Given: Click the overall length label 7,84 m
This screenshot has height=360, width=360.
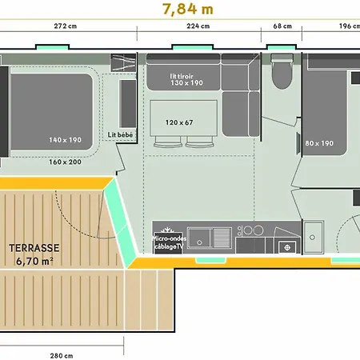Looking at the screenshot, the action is click(x=188, y=9).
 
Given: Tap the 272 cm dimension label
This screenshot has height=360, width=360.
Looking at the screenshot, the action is click(x=66, y=26).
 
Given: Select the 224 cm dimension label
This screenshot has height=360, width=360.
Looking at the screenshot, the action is click(x=198, y=26).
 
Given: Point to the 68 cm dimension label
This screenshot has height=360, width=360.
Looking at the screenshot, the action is click(x=282, y=26).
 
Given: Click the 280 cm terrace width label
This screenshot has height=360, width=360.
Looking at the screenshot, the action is click(x=62, y=356).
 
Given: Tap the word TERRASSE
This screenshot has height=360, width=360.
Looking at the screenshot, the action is click(x=34, y=248).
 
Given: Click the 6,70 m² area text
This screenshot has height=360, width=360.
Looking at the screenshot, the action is click(x=34, y=262).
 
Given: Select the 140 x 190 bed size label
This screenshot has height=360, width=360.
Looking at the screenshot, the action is click(x=65, y=140).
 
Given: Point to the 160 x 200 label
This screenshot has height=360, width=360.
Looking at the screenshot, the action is click(x=65, y=162).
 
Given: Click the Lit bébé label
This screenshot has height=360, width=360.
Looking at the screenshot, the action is click(x=120, y=135).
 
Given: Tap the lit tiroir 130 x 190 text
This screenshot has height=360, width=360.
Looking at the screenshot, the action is click(x=186, y=79).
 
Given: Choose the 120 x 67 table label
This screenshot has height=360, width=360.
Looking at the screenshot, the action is click(x=179, y=122).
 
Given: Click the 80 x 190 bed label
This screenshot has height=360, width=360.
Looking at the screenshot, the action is click(x=319, y=143).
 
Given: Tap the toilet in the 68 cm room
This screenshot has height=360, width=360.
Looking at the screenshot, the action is click(x=282, y=71).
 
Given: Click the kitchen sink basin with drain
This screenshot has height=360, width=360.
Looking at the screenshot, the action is click(x=199, y=238).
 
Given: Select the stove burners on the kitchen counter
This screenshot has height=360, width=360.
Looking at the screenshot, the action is click(x=250, y=230).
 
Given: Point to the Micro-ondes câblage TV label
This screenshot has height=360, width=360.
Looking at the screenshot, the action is click(x=169, y=242).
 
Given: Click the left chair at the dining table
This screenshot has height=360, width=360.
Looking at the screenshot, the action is click(x=168, y=142).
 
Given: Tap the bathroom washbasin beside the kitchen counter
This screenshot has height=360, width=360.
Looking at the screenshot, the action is click(x=314, y=237).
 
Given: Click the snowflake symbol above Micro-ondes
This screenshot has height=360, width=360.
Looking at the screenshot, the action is click(x=167, y=230).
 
